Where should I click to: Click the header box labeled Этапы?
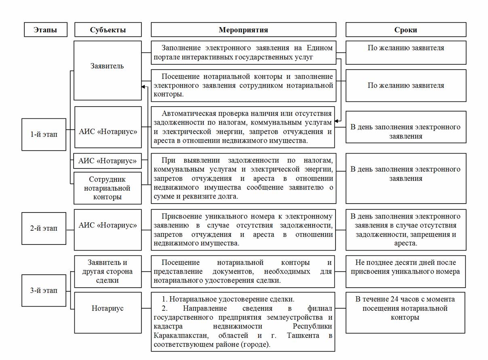pos(45,30)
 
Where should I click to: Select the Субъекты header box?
pos(108,30)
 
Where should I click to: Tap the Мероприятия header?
pos(243,30)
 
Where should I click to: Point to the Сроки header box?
pos(406,30)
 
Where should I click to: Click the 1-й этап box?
pos(44,135)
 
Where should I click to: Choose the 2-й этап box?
pos(44,228)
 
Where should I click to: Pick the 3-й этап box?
pos(44,291)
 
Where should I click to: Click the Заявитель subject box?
pos(107,66)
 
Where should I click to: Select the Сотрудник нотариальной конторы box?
pos(108,188)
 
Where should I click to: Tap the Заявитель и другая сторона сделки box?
pos(108,271)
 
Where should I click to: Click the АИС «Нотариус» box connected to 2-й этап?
pos(108,225)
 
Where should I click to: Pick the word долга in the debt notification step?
pos(227,197)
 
